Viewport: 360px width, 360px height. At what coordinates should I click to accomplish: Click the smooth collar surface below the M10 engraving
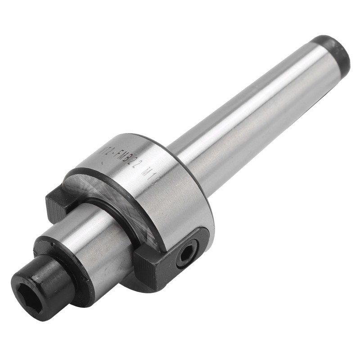point(171,198)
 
